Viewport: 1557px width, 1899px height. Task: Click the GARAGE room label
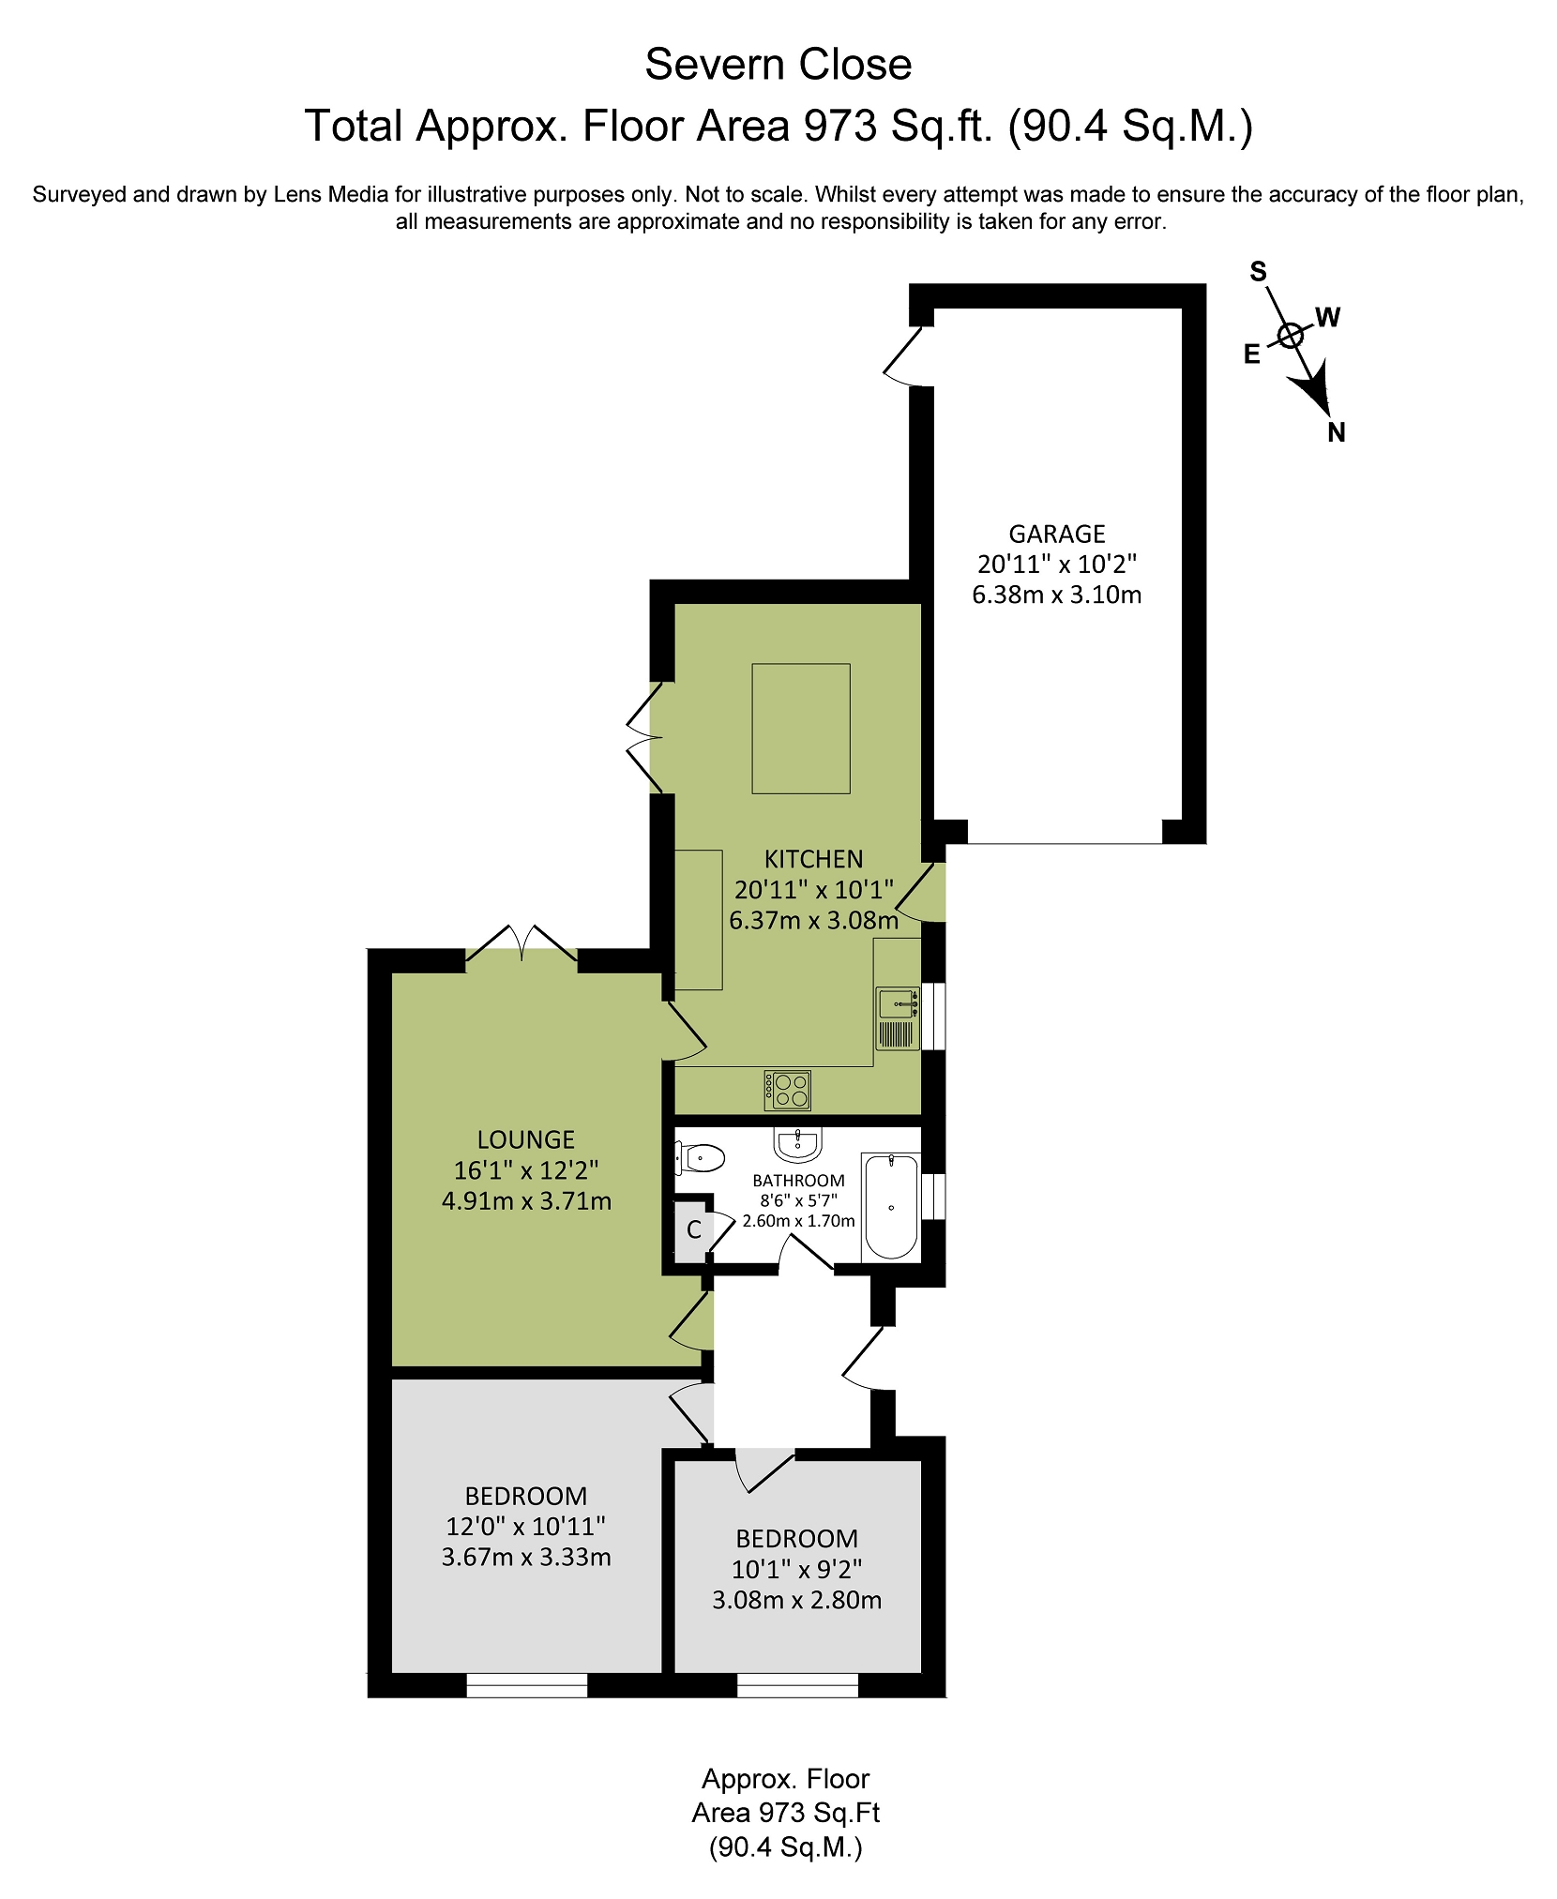tap(1056, 534)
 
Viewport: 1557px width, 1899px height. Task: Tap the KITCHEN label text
tap(813, 859)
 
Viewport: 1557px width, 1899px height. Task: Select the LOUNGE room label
tap(525, 1139)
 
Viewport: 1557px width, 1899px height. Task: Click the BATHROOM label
tap(798, 1181)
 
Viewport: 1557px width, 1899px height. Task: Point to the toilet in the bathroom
tap(700, 1158)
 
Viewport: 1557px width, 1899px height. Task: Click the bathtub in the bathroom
tap(890, 1207)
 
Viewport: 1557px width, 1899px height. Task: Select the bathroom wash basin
tap(798, 1144)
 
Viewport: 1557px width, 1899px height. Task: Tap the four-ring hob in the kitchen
tap(787, 1090)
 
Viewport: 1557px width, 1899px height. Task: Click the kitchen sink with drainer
tap(897, 1017)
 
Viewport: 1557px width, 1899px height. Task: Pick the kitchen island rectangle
tap(800, 729)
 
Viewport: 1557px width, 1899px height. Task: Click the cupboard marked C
tap(693, 1229)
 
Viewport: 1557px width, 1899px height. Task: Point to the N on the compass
tap(1336, 432)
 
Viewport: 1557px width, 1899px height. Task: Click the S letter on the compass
tap(1258, 272)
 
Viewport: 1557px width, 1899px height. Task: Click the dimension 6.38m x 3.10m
tap(1056, 595)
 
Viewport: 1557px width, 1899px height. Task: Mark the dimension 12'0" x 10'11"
tap(525, 1526)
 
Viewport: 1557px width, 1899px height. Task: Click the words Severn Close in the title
tap(778, 65)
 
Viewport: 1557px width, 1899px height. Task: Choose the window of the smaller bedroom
tap(797, 1685)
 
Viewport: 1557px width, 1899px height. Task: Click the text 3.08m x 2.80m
tap(796, 1600)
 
